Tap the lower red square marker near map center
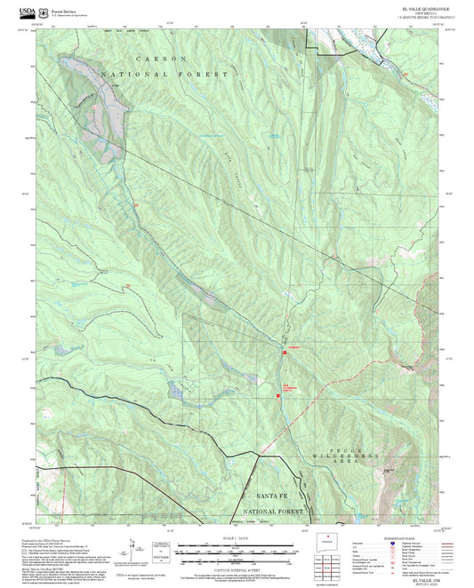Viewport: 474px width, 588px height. click(279, 396)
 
